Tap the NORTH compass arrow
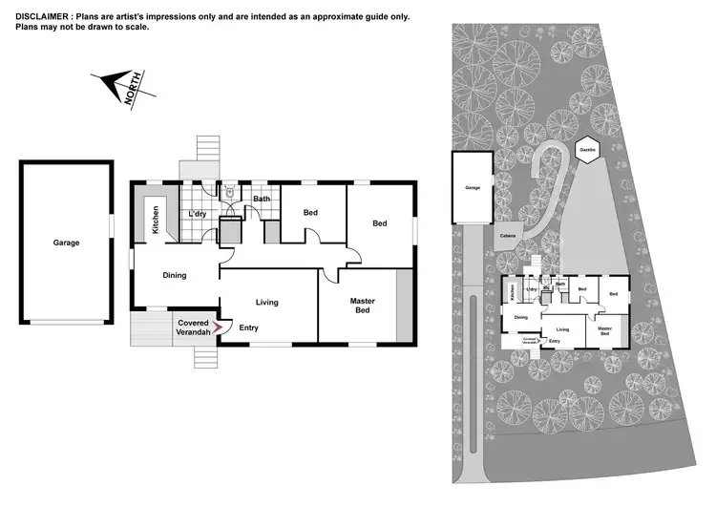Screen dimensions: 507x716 [x=117, y=87]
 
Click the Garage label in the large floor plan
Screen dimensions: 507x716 [x=66, y=243]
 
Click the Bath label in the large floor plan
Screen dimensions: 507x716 [x=261, y=199]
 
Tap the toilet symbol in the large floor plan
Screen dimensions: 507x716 [x=229, y=191]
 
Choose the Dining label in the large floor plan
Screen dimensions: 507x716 [x=174, y=275]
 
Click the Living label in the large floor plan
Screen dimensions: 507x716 [x=266, y=303]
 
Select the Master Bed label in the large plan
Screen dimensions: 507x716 [x=362, y=306]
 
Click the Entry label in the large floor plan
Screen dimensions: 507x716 [x=249, y=328]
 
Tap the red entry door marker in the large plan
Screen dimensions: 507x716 [x=217, y=327]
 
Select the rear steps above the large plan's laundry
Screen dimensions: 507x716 [x=207, y=150]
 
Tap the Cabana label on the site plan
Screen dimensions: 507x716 [x=507, y=236]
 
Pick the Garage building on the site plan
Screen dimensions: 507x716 [x=472, y=188]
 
